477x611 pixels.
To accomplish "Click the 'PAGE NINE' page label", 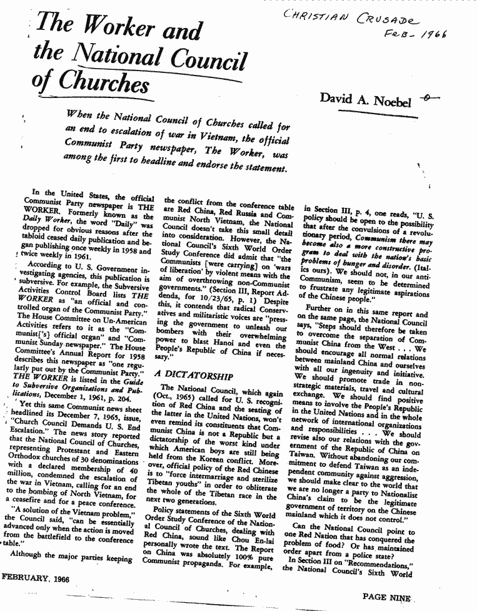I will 387,597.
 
